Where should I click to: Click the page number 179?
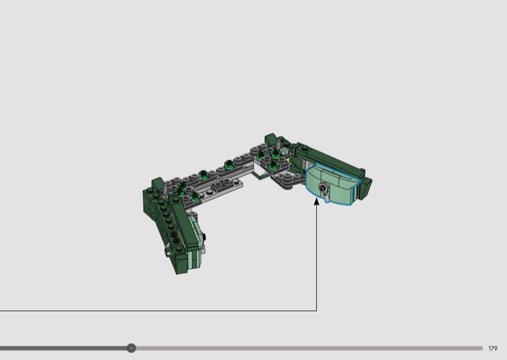493,349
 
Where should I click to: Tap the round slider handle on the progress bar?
131,348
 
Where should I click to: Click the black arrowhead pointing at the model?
316,201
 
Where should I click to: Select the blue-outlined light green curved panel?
333,184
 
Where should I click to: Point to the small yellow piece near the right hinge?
288,160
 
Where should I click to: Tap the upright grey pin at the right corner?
278,144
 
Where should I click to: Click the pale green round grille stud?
283,151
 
